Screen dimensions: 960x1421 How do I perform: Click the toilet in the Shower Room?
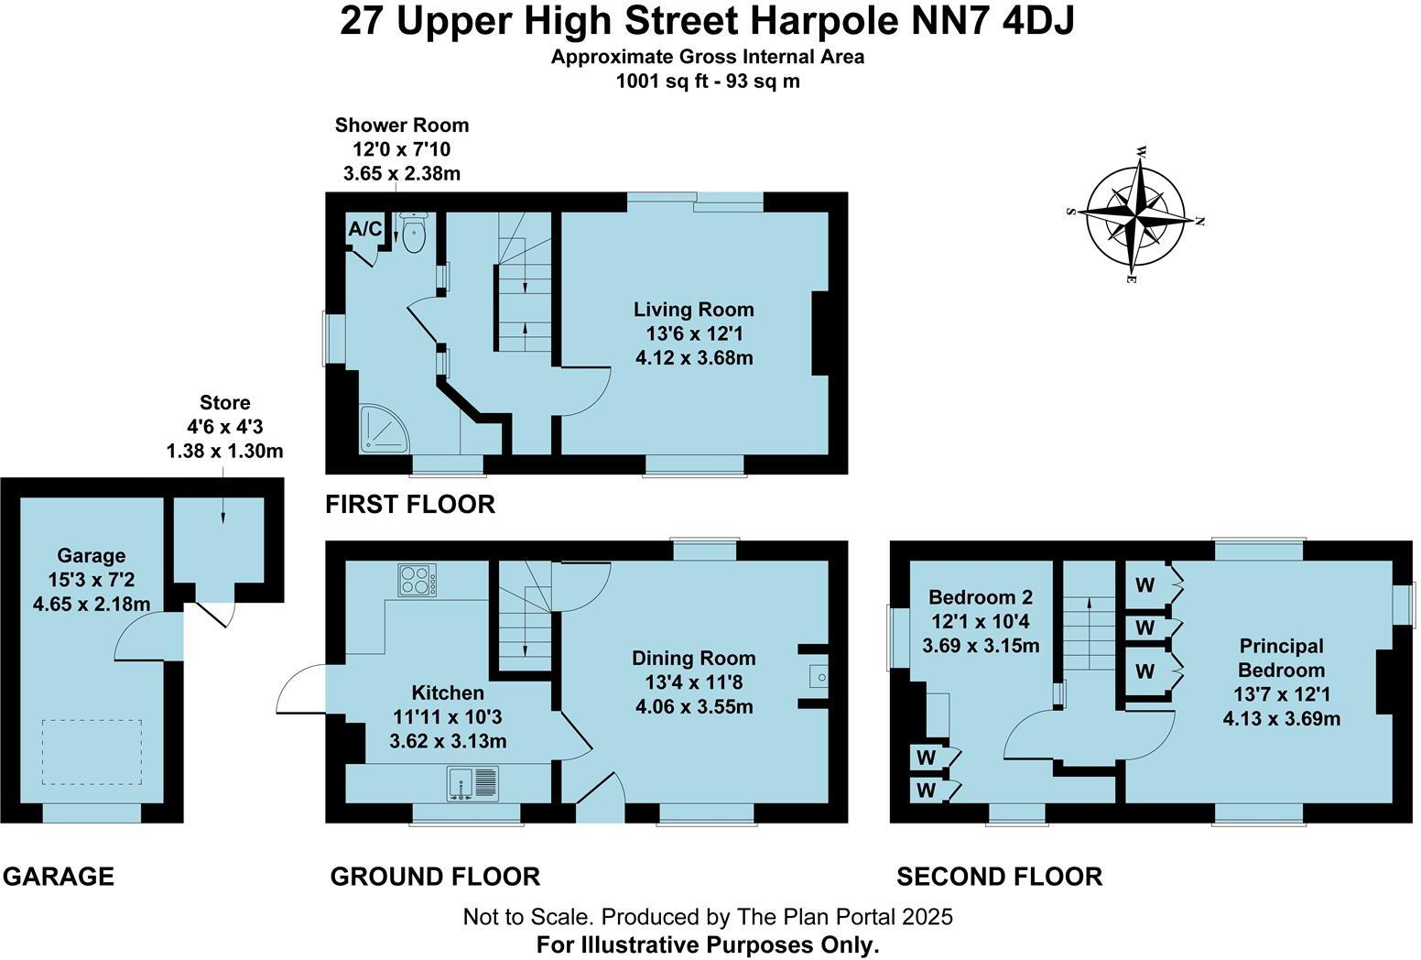tap(414, 234)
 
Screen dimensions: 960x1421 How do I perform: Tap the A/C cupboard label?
tap(364, 229)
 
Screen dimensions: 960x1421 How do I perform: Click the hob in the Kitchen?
tap(418, 581)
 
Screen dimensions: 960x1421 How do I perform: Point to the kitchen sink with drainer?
tap(473, 784)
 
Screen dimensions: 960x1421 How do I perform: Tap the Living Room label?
tap(694, 310)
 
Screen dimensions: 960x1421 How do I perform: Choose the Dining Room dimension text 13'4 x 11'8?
tap(694, 682)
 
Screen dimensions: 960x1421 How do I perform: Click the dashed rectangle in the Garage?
tap(92, 752)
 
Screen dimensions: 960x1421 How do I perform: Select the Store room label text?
tap(224, 403)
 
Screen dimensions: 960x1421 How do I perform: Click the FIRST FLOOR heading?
tap(410, 504)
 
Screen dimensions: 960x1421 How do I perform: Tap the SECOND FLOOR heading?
tap(999, 877)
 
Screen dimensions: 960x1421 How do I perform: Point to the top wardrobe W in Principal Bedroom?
tap(1144, 584)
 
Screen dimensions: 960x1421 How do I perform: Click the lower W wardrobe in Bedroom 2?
tap(927, 790)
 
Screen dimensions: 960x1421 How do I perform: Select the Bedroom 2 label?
tap(980, 598)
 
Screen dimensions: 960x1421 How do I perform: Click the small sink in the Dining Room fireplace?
tap(818, 678)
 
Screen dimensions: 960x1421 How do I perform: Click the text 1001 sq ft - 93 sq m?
tap(708, 81)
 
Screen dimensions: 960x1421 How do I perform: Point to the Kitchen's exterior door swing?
tap(298, 689)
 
